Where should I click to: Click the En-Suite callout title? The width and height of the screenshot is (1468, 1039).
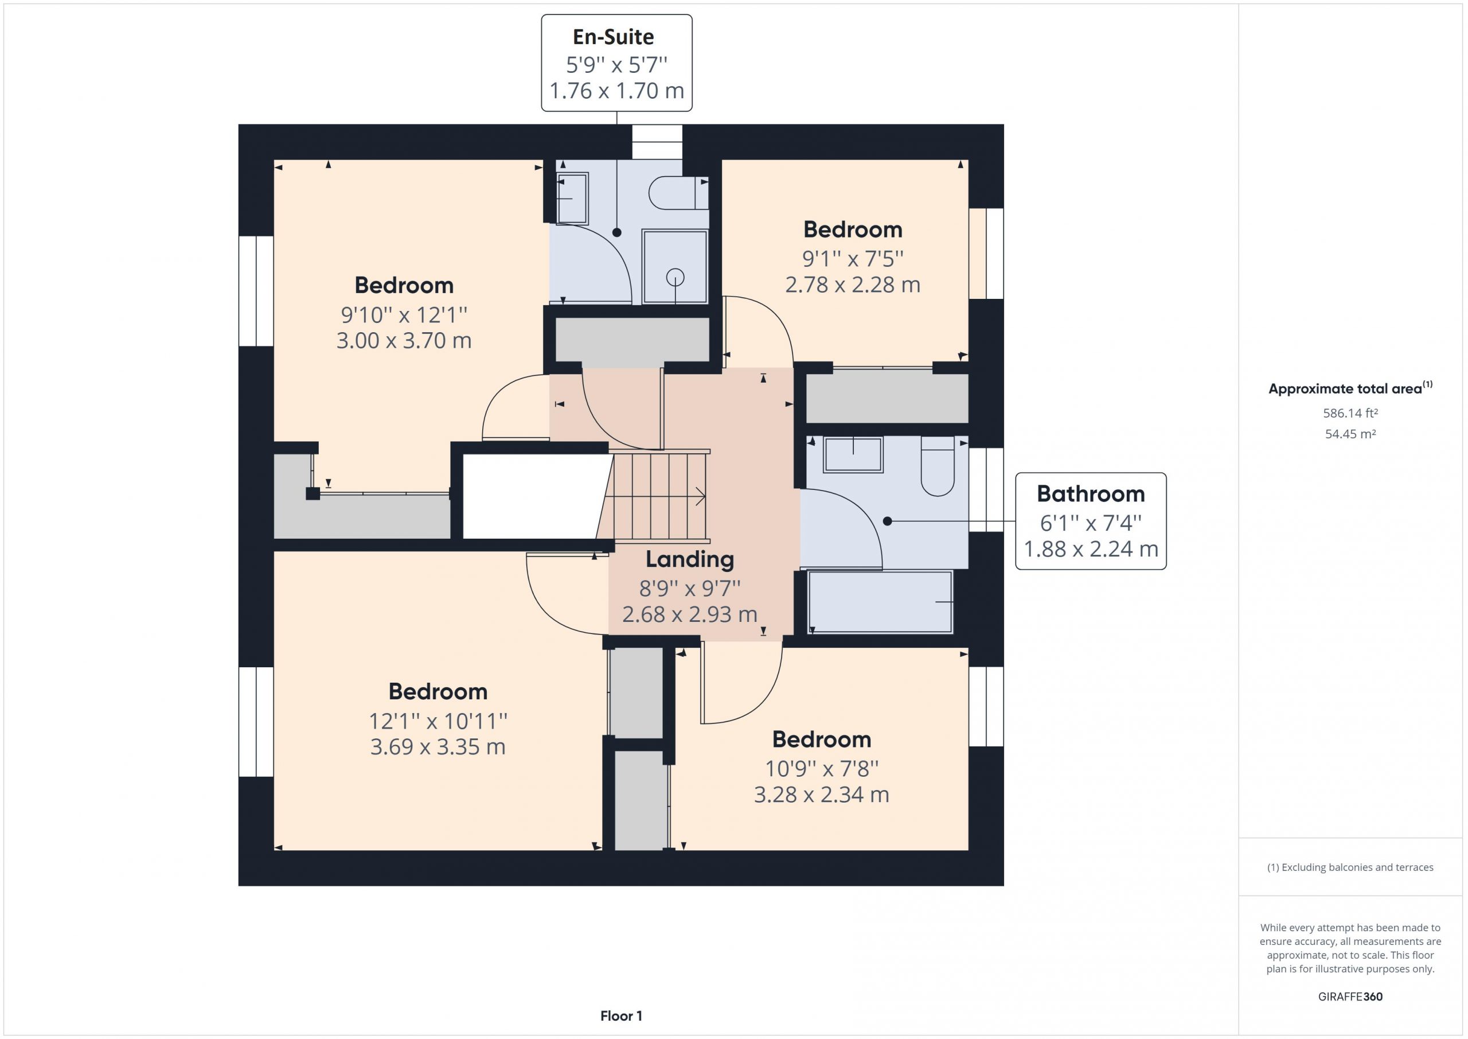coord(613,37)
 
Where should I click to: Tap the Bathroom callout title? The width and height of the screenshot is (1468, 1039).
coord(1091,494)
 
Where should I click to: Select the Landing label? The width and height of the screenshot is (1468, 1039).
coord(690,559)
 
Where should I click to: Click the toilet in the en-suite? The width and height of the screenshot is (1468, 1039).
coord(678,193)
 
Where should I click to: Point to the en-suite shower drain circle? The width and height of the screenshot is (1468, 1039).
coord(675,278)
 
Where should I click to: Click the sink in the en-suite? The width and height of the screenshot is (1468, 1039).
coord(572,199)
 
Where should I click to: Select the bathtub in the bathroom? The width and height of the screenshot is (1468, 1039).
coord(880,602)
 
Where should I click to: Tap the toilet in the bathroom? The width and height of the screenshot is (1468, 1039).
coord(938,466)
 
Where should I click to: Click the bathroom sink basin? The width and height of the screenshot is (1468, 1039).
coord(853,455)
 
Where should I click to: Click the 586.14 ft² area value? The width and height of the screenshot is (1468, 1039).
coord(1350,413)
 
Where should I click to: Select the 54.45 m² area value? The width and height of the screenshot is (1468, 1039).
coord(1350,434)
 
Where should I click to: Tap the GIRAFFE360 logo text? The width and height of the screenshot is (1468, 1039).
coord(1350,996)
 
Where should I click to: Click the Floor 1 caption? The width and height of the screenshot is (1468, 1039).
coord(621,1016)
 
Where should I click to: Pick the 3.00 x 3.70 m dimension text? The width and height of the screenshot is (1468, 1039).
coord(404,340)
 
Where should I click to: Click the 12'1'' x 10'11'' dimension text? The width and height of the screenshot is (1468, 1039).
coord(438,722)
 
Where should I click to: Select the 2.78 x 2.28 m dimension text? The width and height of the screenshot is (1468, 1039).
coord(853,285)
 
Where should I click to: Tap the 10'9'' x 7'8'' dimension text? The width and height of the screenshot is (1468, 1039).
coord(822,768)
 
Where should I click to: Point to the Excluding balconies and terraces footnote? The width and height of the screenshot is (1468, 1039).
coord(1350,867)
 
